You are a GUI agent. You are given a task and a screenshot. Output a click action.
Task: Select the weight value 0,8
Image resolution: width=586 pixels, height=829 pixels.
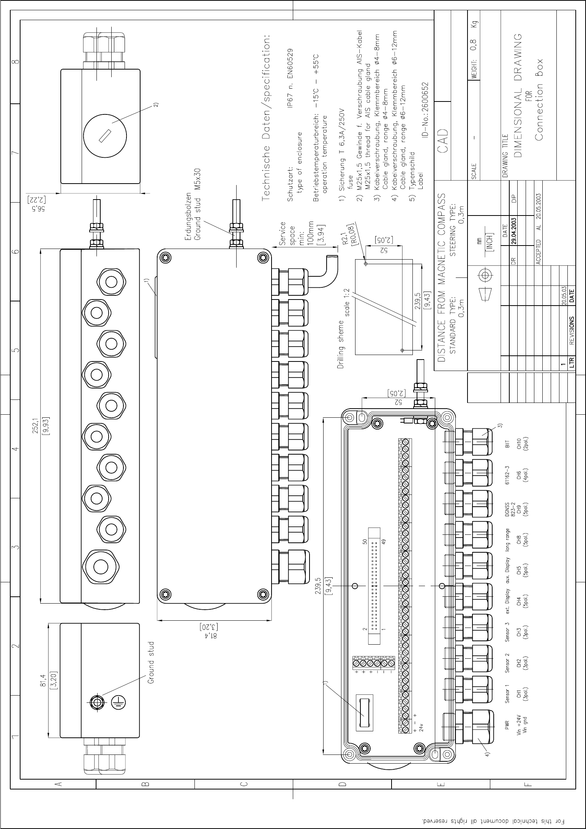[x=474, y=45]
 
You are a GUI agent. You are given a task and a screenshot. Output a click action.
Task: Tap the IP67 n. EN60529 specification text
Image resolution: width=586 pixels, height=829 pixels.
[x=291, y=78]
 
